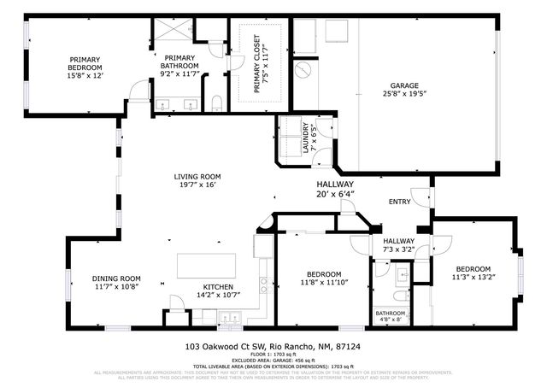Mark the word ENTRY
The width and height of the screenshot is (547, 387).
pyautogui.click(x=399, y=202)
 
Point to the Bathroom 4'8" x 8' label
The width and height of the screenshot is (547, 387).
pyautogui.click(x=391, y=317)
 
